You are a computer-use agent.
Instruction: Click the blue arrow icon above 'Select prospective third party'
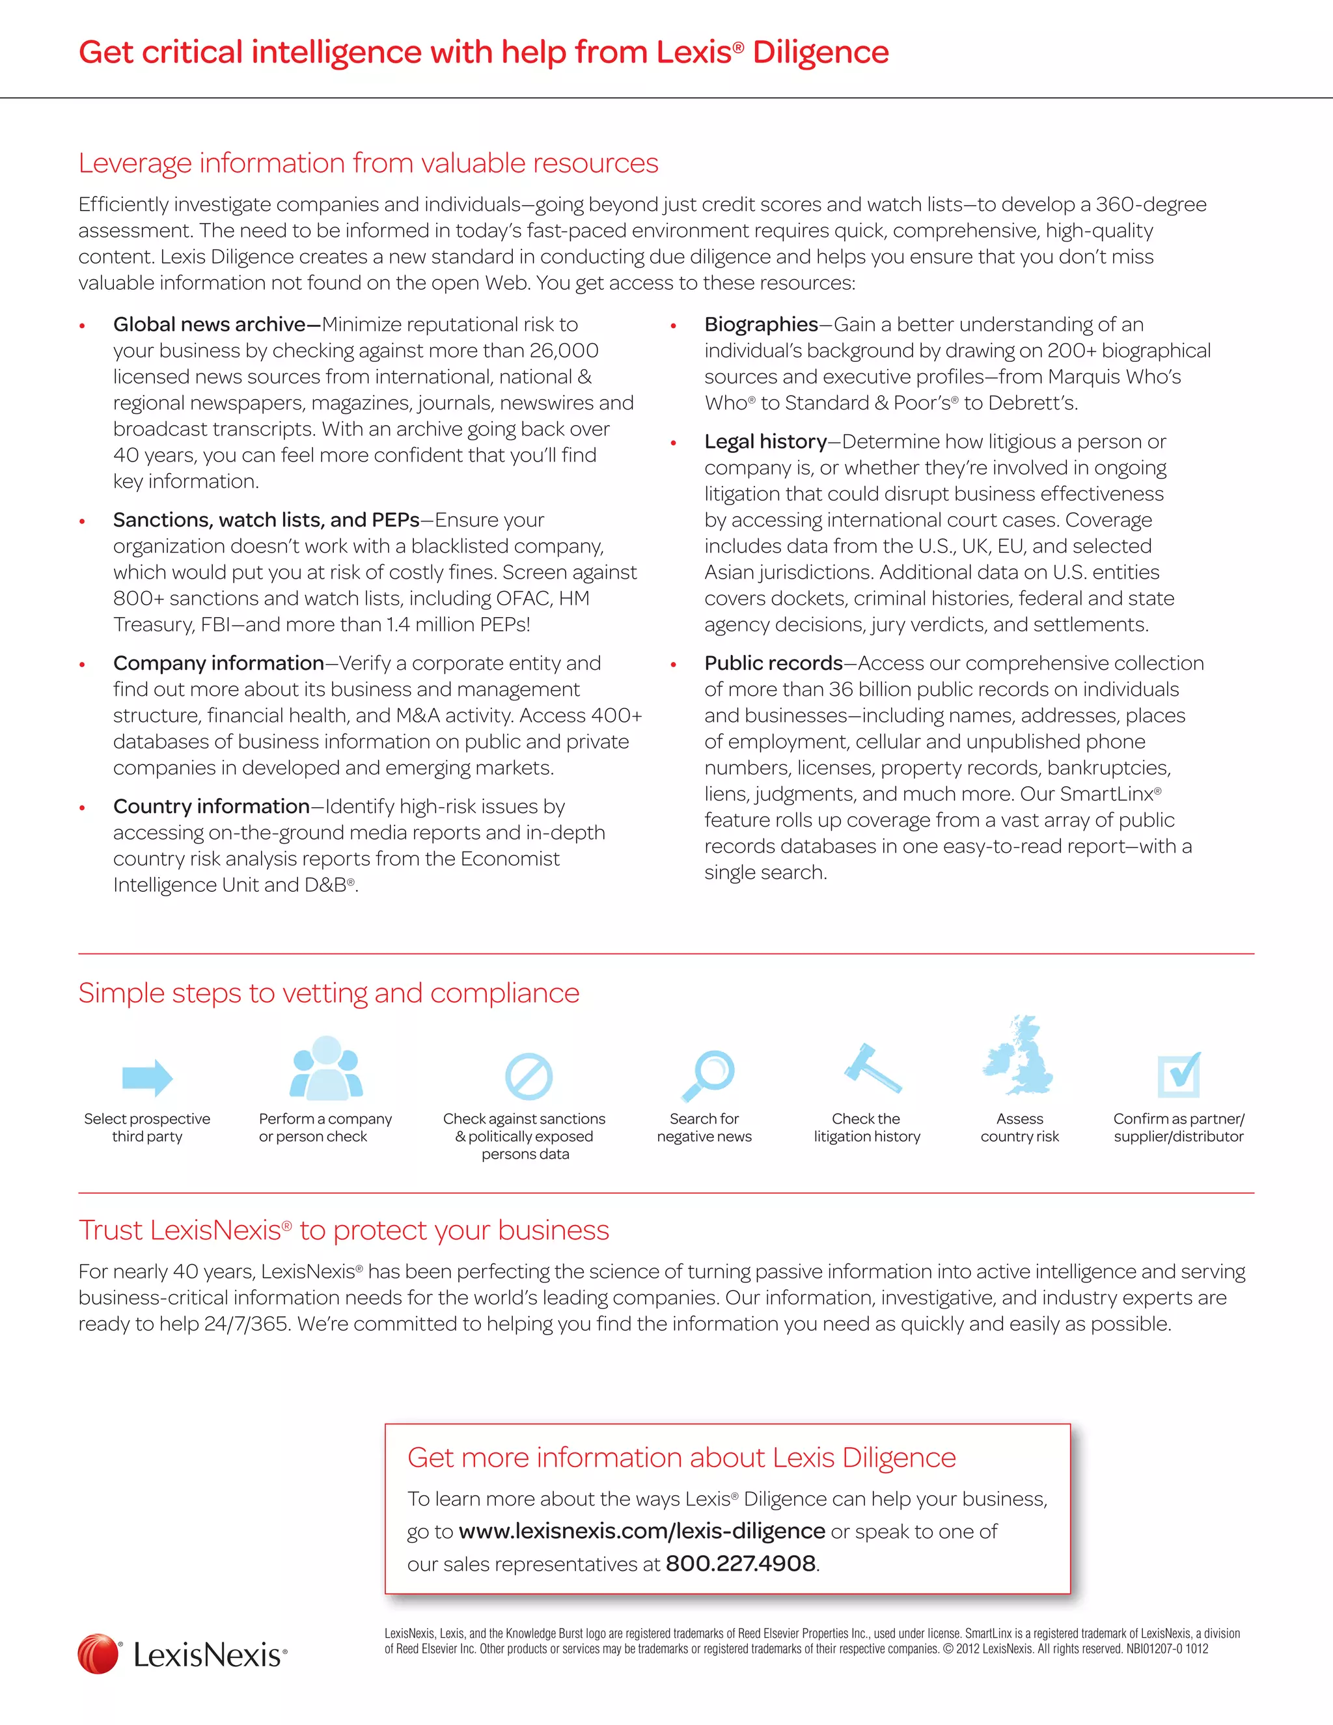click(148, 1077)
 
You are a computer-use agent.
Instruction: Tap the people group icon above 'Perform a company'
click(326, 1069)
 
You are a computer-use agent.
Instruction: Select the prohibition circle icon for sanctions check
click(529, 1076)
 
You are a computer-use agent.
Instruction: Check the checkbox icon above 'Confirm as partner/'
click(1179, 1075)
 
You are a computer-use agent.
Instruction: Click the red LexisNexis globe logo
click(98, 1654)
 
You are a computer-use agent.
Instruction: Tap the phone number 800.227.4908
click(740, 1564)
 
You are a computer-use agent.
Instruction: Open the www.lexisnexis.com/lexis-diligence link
click(641, 1532)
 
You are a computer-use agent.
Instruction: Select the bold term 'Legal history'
click(765, 441)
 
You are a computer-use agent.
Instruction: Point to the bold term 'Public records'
click(773, 663)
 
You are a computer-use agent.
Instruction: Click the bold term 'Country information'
click(211, 807)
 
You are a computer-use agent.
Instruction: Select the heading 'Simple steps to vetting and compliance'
click(329, 993)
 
